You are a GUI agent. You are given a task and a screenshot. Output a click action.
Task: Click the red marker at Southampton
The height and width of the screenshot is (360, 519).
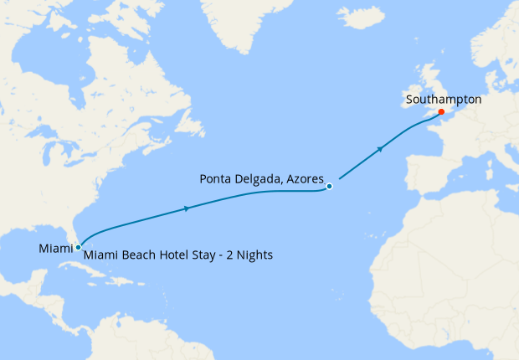tap(441, 111)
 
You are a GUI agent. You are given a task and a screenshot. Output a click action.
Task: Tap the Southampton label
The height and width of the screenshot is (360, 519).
tap(443, 99)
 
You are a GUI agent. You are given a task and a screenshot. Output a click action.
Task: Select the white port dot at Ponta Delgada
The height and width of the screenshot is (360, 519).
tap(330, 186)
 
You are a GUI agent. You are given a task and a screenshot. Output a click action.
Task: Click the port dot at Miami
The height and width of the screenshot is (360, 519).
tap(78, 247)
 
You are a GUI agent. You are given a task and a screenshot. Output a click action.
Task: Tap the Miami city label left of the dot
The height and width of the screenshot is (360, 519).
tap(56, 248)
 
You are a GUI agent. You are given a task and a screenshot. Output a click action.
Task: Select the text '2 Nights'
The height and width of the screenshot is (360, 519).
tap(248, 254)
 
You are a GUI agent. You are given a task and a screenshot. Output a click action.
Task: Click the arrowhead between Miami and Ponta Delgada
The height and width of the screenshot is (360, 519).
tap(186, 208)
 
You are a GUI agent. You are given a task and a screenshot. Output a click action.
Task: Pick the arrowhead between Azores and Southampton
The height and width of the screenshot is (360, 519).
tap(381, 149)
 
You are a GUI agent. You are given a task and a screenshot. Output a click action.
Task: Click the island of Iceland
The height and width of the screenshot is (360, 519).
tap(360, 17)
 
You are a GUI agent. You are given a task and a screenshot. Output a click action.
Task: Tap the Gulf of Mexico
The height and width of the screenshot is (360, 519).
tap(33, 251)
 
